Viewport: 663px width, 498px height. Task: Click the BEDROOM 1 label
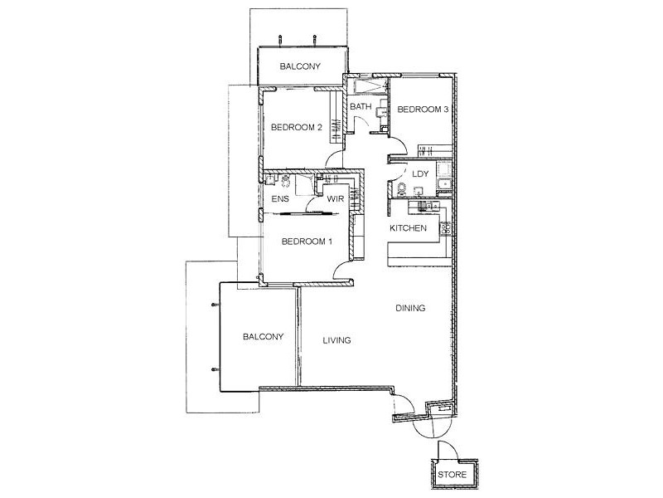tap(307, 242)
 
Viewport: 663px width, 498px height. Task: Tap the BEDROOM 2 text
tap(296, 127)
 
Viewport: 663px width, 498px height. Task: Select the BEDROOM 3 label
tap(423, 109)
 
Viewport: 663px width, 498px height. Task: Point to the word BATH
tap(360, 107)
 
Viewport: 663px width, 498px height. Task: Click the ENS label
tap(279, 199)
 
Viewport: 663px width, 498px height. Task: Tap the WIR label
tap(336, 199)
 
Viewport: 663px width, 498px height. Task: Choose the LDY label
tap(419, 174)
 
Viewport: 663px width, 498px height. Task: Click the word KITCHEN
tap(409, 227)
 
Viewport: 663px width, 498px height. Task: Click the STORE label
tap(452, 476)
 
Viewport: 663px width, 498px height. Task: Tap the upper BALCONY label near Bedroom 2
tap(299, 66)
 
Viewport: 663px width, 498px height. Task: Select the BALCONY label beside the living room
tap(264, 337)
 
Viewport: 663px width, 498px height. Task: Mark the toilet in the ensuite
tap(287, 182)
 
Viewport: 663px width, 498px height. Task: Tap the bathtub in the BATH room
tap(366, 85)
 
